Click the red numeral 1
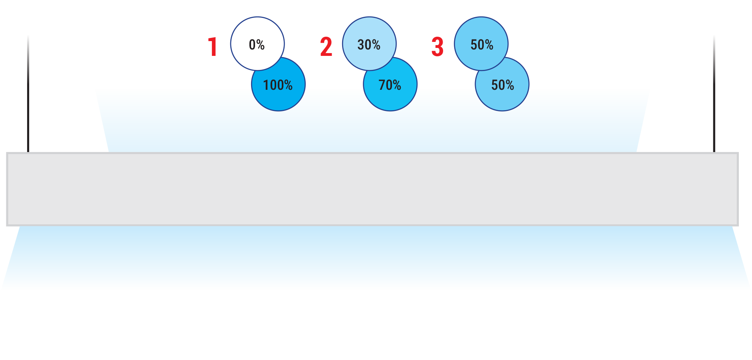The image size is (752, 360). (x=213, y=47)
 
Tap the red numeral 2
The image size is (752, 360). (x=326, y=47)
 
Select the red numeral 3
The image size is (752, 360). (x=437, y=47)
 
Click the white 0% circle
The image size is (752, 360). (x=257, y=44)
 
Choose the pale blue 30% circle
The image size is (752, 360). (x=369, y=44)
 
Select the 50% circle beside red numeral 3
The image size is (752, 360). (x=481, y=44)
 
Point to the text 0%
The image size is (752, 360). (x=257, y=45)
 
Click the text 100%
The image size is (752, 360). (x=278, y=85)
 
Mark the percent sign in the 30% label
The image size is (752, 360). (x=376, y=45)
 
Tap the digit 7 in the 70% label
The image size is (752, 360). (x=382, y=85)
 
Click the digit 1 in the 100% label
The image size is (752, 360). (x=266, y=85)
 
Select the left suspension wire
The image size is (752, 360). (x=28, y=94)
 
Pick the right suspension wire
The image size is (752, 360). (x=714, y=94)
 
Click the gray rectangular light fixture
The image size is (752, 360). (x=372, y=189)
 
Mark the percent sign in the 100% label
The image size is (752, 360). (x=288, y=85)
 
